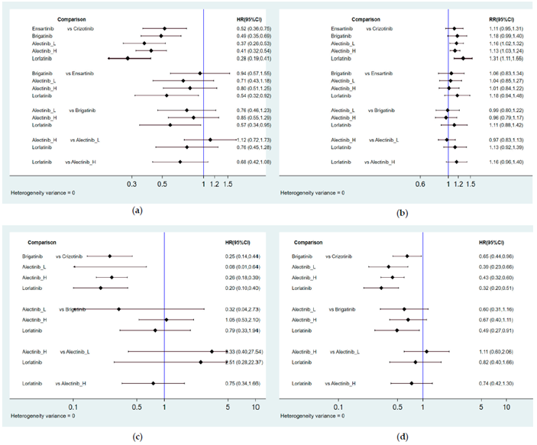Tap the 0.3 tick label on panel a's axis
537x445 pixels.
[131, 185]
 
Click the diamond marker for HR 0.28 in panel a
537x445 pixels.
[128, 58]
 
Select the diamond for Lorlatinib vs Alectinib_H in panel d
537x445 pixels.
[412, 383]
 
